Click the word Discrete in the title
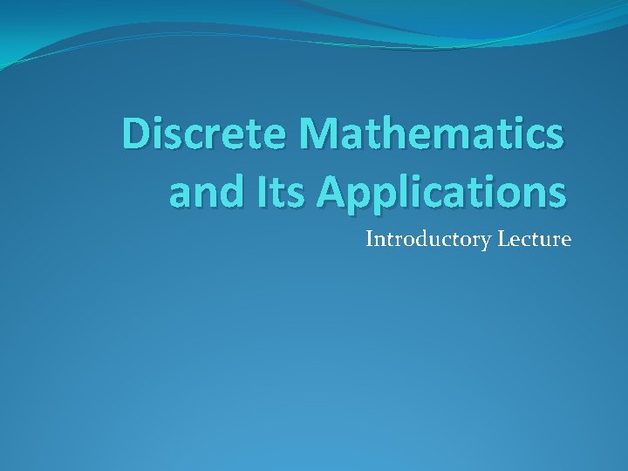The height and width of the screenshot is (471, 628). click(207, 134)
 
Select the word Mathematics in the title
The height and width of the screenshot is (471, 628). click(432, 134)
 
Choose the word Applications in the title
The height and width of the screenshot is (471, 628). click(440, 192)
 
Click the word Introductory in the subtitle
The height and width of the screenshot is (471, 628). click(428, 239)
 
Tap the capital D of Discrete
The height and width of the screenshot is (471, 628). click(136, 134)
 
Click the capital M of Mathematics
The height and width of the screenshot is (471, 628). click(319, 134)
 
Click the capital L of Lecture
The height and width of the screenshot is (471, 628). click(503, 238)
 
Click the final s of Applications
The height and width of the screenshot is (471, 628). click(556, 193)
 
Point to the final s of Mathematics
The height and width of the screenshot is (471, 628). click(554, 137)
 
